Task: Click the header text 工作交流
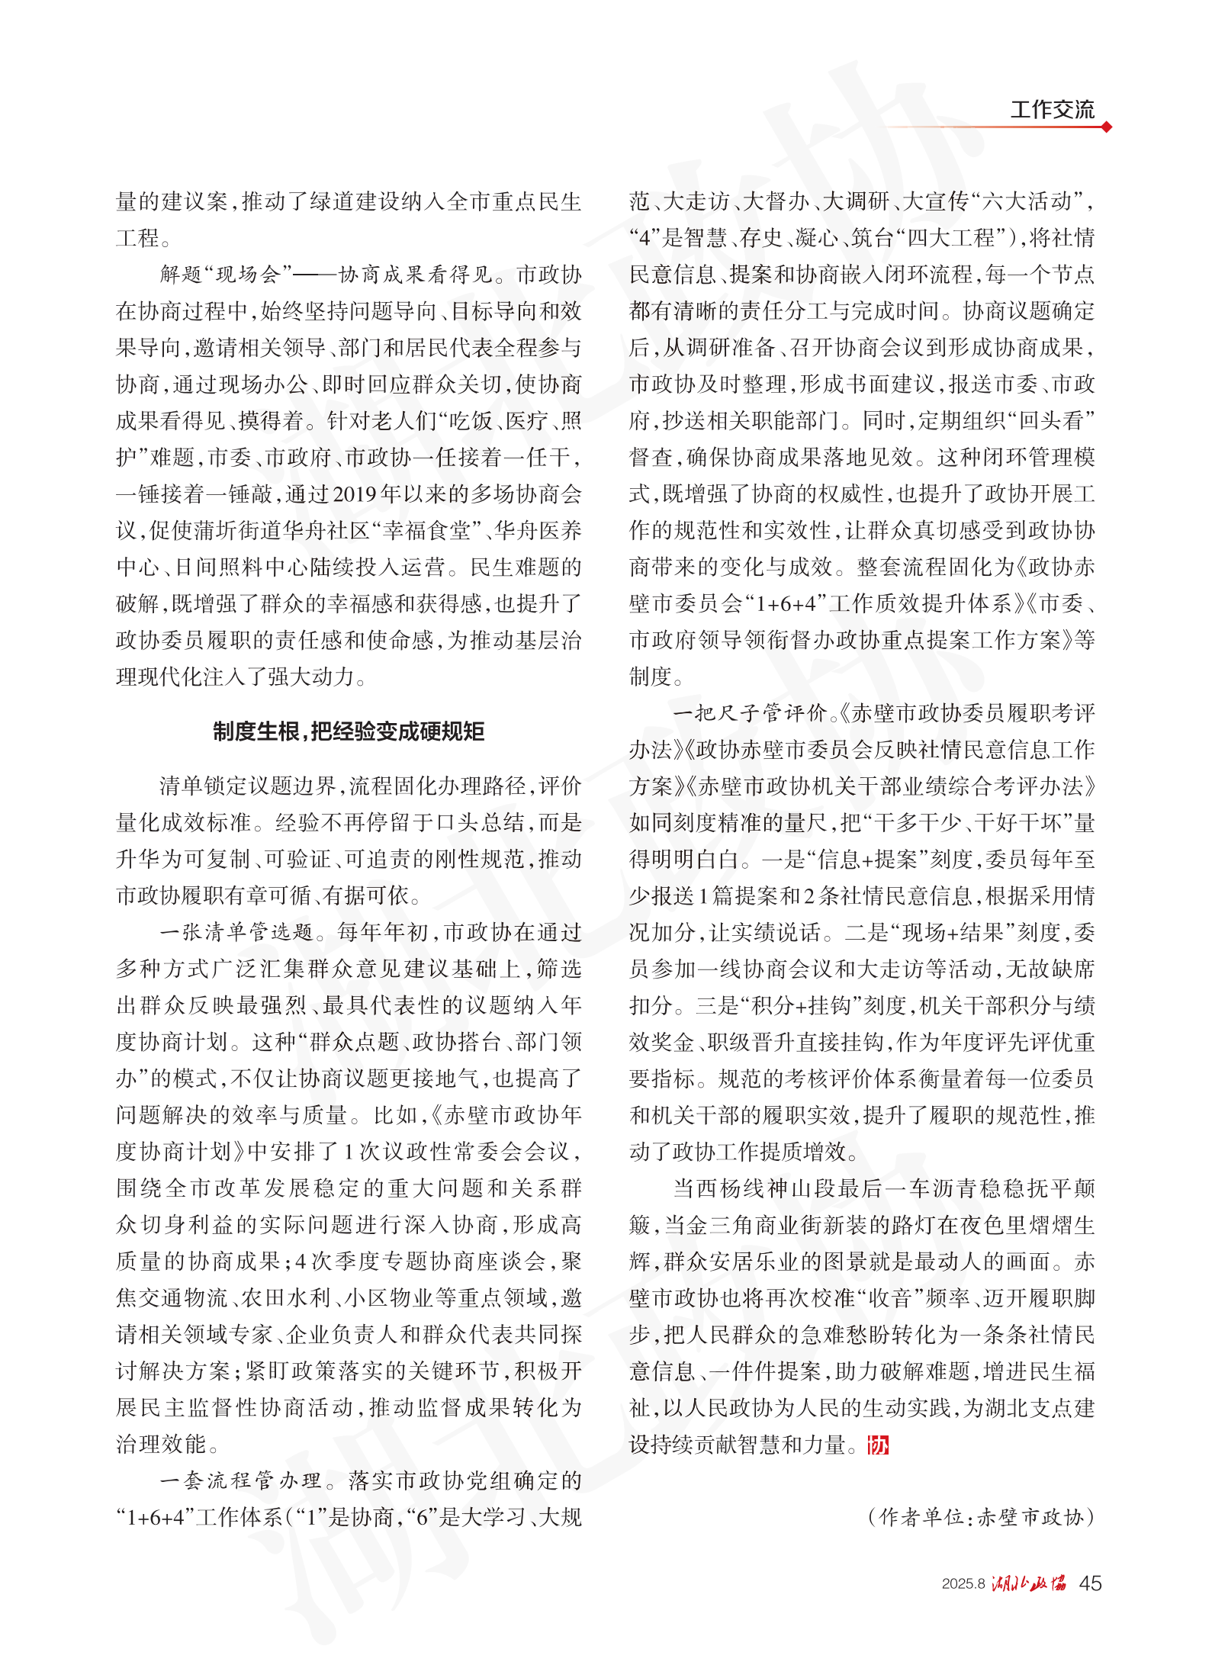[x=1052, y=109]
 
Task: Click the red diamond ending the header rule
[x=1106, y=127]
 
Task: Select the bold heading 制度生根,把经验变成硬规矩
[x=349, y=731]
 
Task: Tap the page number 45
[x=1090, y=1583]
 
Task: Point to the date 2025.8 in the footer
[x=963, y=1584]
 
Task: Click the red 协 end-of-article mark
[x=878, y=1445]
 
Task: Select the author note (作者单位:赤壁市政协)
[x=981, y=1517]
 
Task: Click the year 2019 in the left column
[x=355, y=494]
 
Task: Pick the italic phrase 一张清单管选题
[x=236, y=932]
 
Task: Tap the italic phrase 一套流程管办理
[x=240, y=1480]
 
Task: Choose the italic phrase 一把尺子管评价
[x=751, y=713]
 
